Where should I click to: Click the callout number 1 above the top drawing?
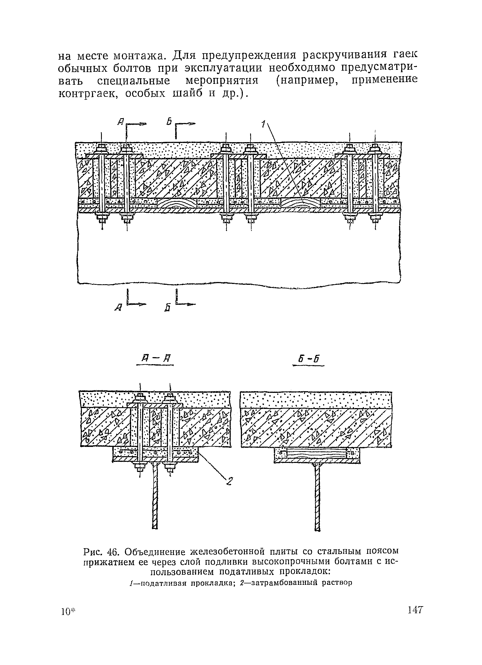[x=263, y=124]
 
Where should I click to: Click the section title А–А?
[x=155, y=359]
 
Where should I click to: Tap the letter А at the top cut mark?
[x=121, y=122]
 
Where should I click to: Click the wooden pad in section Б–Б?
[x=316, y=454]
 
